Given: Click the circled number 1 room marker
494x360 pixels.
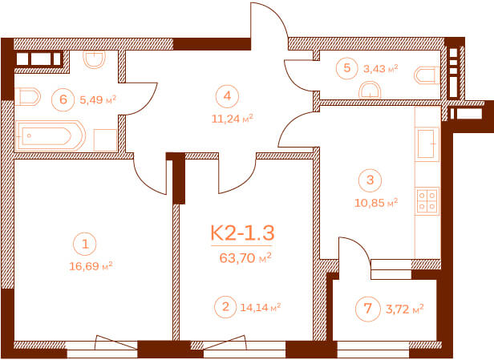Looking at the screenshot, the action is [x=85, y=244].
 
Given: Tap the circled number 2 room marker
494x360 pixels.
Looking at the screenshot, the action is [x=225, y=306].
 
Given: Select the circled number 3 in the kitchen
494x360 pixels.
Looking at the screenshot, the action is [x=370, y=180].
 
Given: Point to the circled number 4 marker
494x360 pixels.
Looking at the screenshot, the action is [x=228, y=95].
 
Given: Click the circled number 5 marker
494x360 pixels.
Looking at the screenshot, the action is [x=347, y=67].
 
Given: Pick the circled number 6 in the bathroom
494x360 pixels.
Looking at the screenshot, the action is [x=63, y=99].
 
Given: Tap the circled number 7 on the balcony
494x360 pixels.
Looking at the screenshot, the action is [x=367, y=309].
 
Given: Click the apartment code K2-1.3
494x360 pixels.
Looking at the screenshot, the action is [x=242, y=233].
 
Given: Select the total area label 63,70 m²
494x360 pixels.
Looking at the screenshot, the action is [x=245, y=258].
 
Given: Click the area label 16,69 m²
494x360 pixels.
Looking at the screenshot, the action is [x=91, y=266].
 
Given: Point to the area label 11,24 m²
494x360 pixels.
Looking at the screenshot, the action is [x=233, y=119].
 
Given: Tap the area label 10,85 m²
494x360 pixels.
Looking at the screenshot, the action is [x=376, y=203].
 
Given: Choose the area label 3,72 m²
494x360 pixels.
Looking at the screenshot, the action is [x=404, y=309].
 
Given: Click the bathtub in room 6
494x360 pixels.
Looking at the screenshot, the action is [x=50, y=136].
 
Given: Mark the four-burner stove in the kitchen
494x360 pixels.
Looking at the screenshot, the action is [x=427, y=201].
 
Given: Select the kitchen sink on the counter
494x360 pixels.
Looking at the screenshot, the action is [x=427, y=144].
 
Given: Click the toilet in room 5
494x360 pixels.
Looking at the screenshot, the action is [x=427, y=75].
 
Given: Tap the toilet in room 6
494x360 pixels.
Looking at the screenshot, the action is [x=28, y=96].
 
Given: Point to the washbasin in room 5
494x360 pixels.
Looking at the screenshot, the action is [x=370, y=90].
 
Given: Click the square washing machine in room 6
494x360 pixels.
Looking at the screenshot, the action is [x=106, y=140].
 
